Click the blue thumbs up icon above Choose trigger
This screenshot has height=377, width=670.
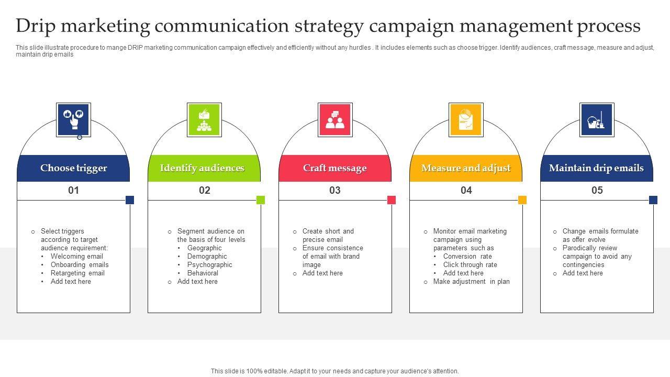click(x=73, y=120)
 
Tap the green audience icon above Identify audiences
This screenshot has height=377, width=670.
click(x=204, y=120)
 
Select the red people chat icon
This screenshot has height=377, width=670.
click(x=335, y=120)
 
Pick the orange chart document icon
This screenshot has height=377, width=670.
click(x=466, y=120)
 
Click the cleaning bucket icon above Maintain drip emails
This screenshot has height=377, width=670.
click(x=597, y=120)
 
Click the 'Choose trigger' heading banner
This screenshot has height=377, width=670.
click(x=73, y=168)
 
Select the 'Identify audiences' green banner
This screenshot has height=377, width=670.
click(x=204, y=168)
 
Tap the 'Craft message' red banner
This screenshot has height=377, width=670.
click(x=335, y=168)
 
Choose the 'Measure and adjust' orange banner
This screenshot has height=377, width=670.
click(x=466, y=168)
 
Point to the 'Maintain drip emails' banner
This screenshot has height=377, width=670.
click(x=597, y=168)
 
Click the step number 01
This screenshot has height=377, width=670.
click(x=73, y=191)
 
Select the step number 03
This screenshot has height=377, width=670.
click(x=335, y=191)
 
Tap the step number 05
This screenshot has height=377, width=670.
click(x=597, y=191)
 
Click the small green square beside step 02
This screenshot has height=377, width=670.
click(x=261, y=200)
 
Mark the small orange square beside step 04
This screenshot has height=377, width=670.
click(x=522, y=200)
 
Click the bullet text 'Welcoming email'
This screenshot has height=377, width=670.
click(x=76, y=257)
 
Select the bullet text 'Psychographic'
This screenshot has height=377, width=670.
click(x=209, y=265)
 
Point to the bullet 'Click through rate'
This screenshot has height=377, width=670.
click(x=470, y=265)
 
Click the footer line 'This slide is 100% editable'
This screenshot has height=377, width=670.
click(x=335, y=371)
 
